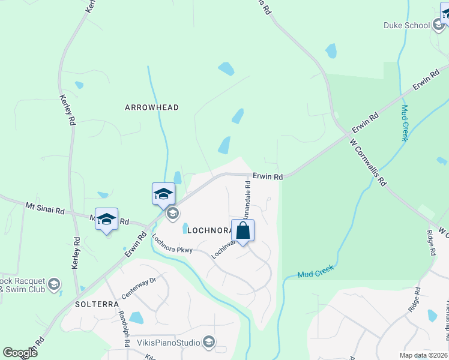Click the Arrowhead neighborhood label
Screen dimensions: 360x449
pos(152,107)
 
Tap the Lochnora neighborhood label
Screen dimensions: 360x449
pos(209,230)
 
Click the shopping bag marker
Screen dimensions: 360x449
pos(243,231)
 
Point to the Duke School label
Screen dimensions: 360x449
pos(407,25)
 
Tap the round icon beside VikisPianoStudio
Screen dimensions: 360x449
pos(209,342)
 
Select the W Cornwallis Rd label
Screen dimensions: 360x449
pos(368,163)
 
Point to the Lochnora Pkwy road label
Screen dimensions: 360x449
pos(172,242)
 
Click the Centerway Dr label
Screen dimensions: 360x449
pos(139,288)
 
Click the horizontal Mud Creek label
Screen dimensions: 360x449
pos(316,272)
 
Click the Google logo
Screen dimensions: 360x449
pos(20,353)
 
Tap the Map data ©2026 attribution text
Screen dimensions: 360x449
pos(423,355)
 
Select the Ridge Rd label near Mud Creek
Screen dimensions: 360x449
pos(414,300)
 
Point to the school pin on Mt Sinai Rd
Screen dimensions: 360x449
pos(106,220)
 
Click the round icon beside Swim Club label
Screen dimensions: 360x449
pos(54,284)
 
